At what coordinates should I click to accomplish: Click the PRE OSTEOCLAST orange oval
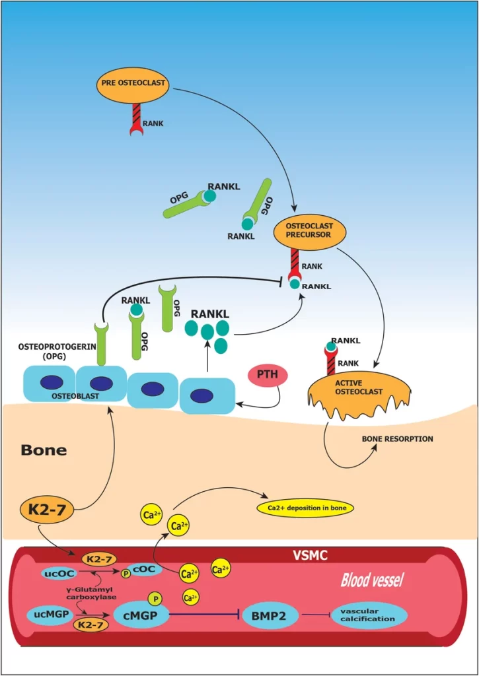pyautogui.click(x=133, y=84)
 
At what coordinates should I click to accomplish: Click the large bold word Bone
pyautogui.click(x=44, y=450)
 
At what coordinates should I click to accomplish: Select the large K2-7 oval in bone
pyautogui.click(x=44, y=508)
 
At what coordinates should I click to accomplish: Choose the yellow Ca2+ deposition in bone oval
pyautogui.click(x=305, y=508)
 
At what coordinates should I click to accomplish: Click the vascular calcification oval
pyautogui.click(x=369, y=615)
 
